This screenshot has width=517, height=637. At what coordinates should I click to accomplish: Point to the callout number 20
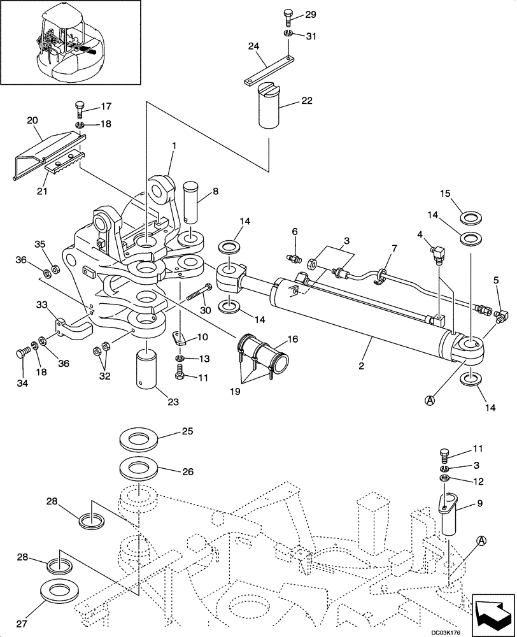[x=33, y=119]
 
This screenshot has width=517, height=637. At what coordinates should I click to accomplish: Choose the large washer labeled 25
[x=140, y=441]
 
